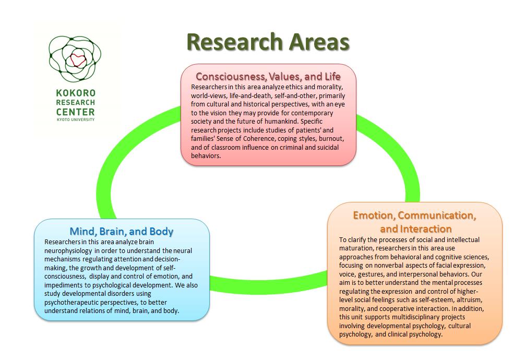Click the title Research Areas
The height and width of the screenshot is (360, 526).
pyautogui.click(x=268, y=42)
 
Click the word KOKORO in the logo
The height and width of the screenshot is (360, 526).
pyautogui.click(x=76, y=93)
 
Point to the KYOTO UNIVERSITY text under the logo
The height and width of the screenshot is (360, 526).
pyautogui.click(x=76, y=119)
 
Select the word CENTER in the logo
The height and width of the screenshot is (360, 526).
pyautogui.click(x=76, y=112)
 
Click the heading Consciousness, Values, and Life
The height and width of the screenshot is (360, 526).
pyautogui.click(x=268, y=77)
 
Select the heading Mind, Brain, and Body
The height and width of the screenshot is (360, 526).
pyautogui.click(x=122, y=231)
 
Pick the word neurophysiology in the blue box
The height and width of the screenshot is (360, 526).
pyautogui.click(x=68, y=251)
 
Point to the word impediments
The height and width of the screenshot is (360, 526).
pyautogui.click(x=63, y=285)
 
